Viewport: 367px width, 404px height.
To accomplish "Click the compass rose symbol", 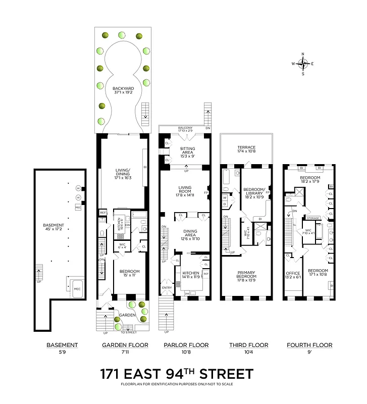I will (x=303, y=64).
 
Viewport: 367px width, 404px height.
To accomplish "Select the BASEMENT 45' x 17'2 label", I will (x=54, y=227).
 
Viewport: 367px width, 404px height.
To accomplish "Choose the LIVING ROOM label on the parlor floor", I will (x=185, y=190).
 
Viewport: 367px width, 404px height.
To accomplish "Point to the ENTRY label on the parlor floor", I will (x=167, y=287).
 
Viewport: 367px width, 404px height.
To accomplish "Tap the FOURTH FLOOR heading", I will (x=309, y=345).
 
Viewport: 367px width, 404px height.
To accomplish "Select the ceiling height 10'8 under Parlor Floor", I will (x=186, y=352).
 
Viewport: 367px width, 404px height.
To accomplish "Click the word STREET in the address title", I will (x=227, y=375).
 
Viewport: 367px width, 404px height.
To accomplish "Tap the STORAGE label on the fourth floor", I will (x=313, y=218).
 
